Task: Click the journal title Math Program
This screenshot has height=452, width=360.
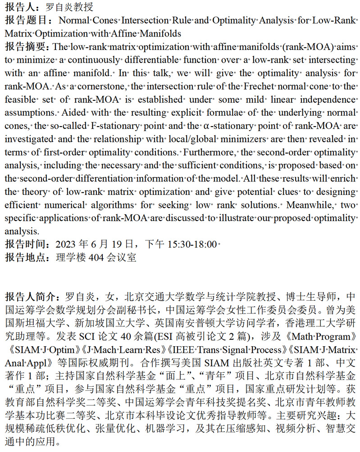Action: pos(321,336)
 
